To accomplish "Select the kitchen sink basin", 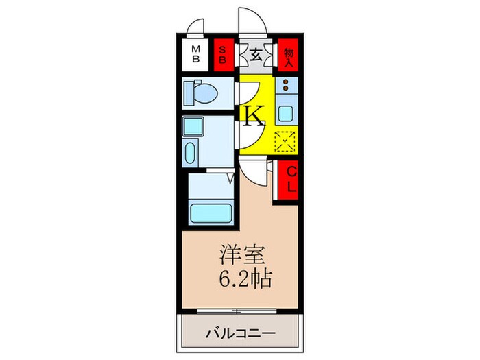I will [x=286, y=113].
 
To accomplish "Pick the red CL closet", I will [x=289, y=180].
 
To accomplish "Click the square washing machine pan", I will [x=196, y=128].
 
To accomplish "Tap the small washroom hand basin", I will [x=191, y=152].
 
